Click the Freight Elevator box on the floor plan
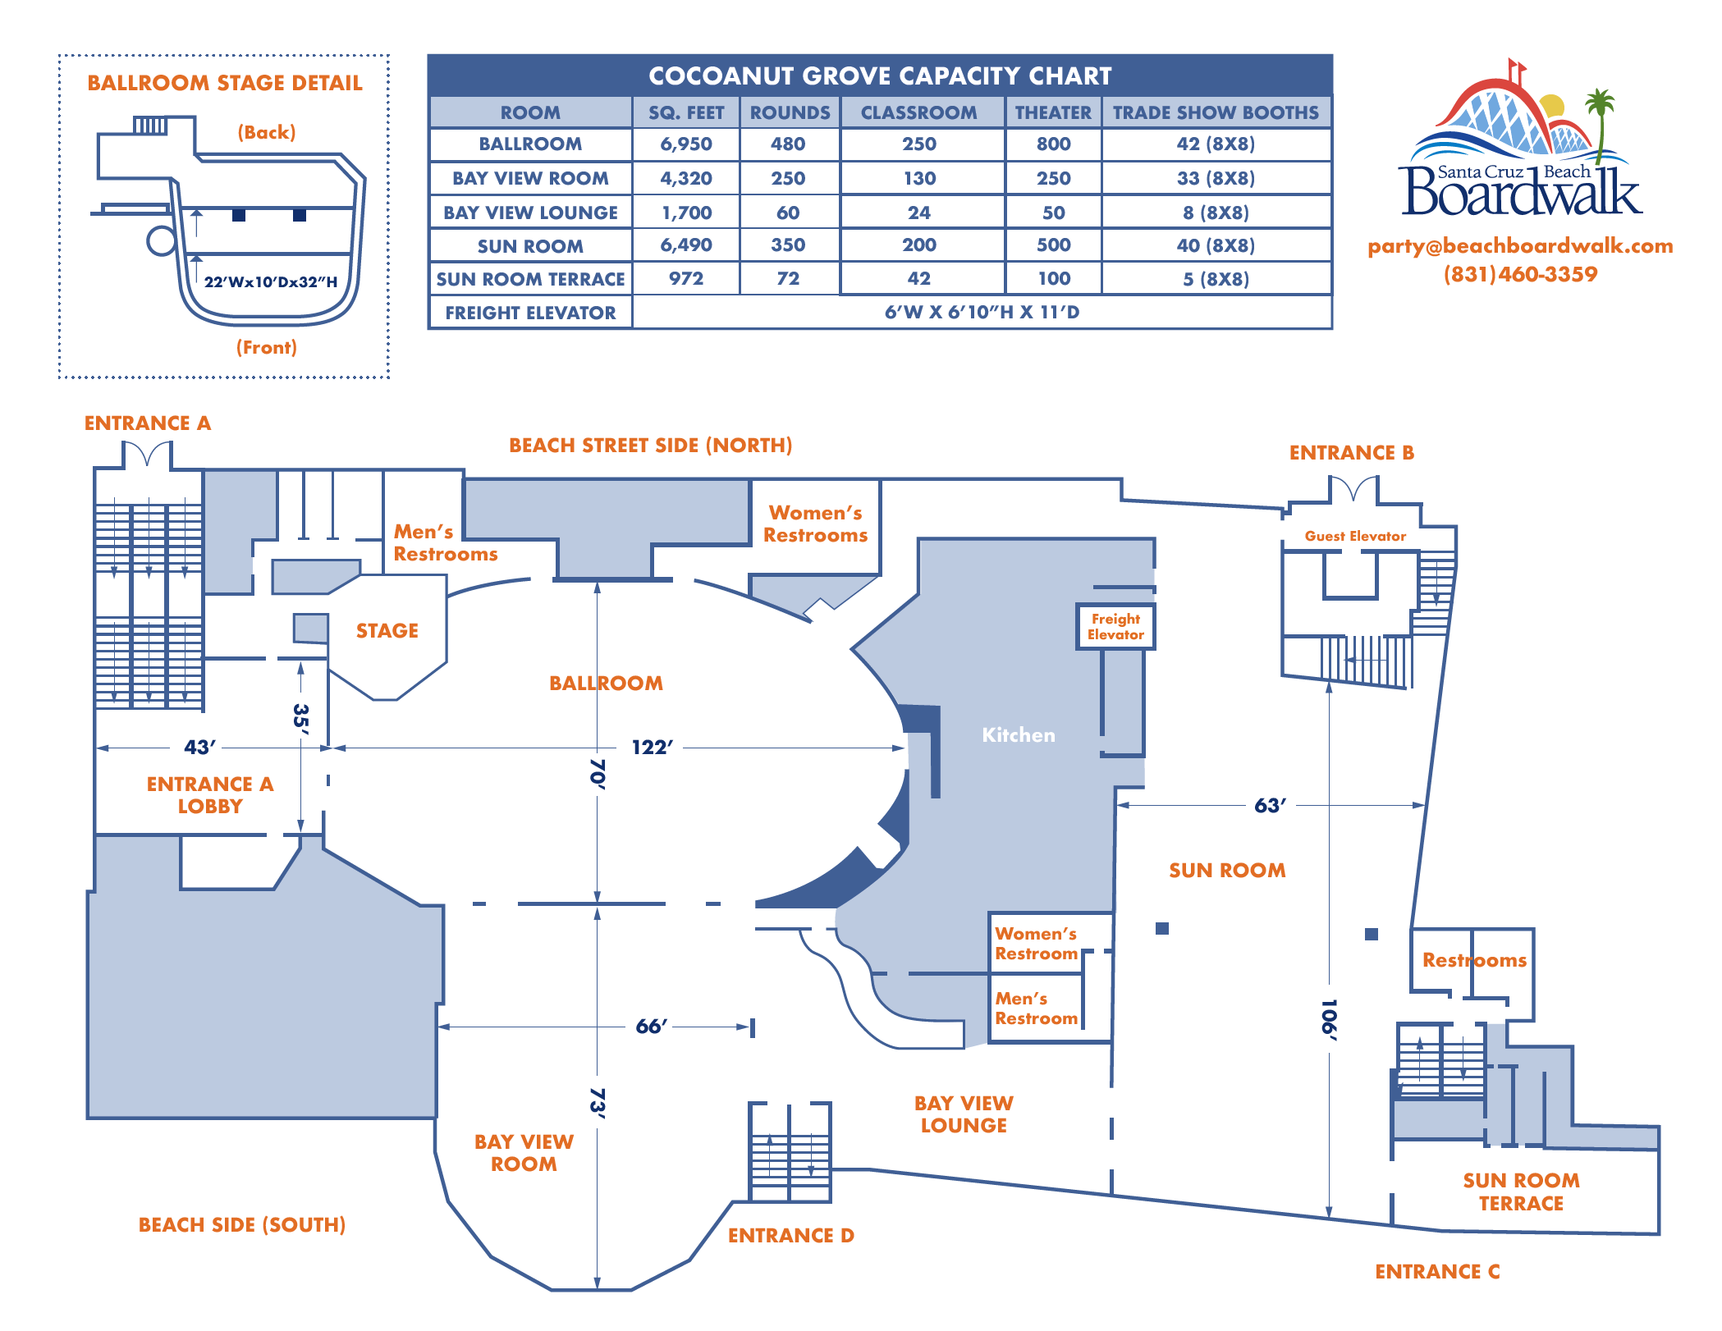click(x=1115, y=627)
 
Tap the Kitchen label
click(x=1018, y=735)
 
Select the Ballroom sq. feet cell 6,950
click(x=686, y=144)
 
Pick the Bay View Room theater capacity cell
click(x=1053, y=178)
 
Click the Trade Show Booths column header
click(x=1216, y=112)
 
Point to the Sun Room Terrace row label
click(x=530, y=279)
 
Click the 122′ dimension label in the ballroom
click(x=652, y=748)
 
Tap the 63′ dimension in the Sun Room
click(x=1269, y=806)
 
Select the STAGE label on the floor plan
click(x=387, y=631)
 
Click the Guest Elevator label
click(x=1355, y=537)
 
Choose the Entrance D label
click(x=790, y=1236)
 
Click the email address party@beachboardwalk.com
click(x=1520, y=246)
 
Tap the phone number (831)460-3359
click(x=1520, y=275)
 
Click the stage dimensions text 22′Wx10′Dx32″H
click(x=271, y=282)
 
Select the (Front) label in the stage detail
click(x=267, y=348)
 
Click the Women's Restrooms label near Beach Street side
click(x=815, y=524)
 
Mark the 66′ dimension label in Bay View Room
click(x=651, y=1027)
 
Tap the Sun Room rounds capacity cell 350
click(x=788, y=245)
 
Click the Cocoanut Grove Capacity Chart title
click(x=880, y=76)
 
